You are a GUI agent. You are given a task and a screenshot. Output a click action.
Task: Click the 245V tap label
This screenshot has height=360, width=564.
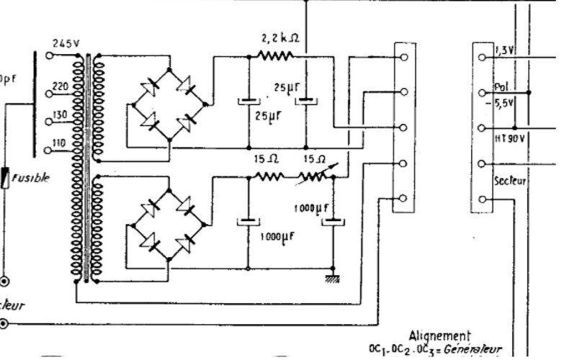pos(66,43)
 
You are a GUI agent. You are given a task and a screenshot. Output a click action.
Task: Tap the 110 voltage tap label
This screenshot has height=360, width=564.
pos(59,143)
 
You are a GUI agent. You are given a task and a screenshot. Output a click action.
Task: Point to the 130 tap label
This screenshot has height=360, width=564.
pos(59,114)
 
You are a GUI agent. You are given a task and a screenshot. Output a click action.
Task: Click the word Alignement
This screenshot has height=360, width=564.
pos(439,336)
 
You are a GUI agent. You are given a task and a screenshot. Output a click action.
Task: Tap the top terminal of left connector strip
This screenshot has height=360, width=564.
pos(403,56)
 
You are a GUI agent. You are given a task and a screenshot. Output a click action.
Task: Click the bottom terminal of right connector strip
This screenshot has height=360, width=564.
pos(481,199)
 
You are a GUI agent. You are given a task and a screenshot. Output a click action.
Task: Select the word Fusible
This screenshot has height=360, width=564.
pos(34,178)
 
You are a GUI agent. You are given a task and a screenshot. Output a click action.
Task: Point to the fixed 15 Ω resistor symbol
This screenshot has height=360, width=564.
pos(269,175)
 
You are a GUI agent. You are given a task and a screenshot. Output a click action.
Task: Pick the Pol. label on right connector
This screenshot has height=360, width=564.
pos(502,86)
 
